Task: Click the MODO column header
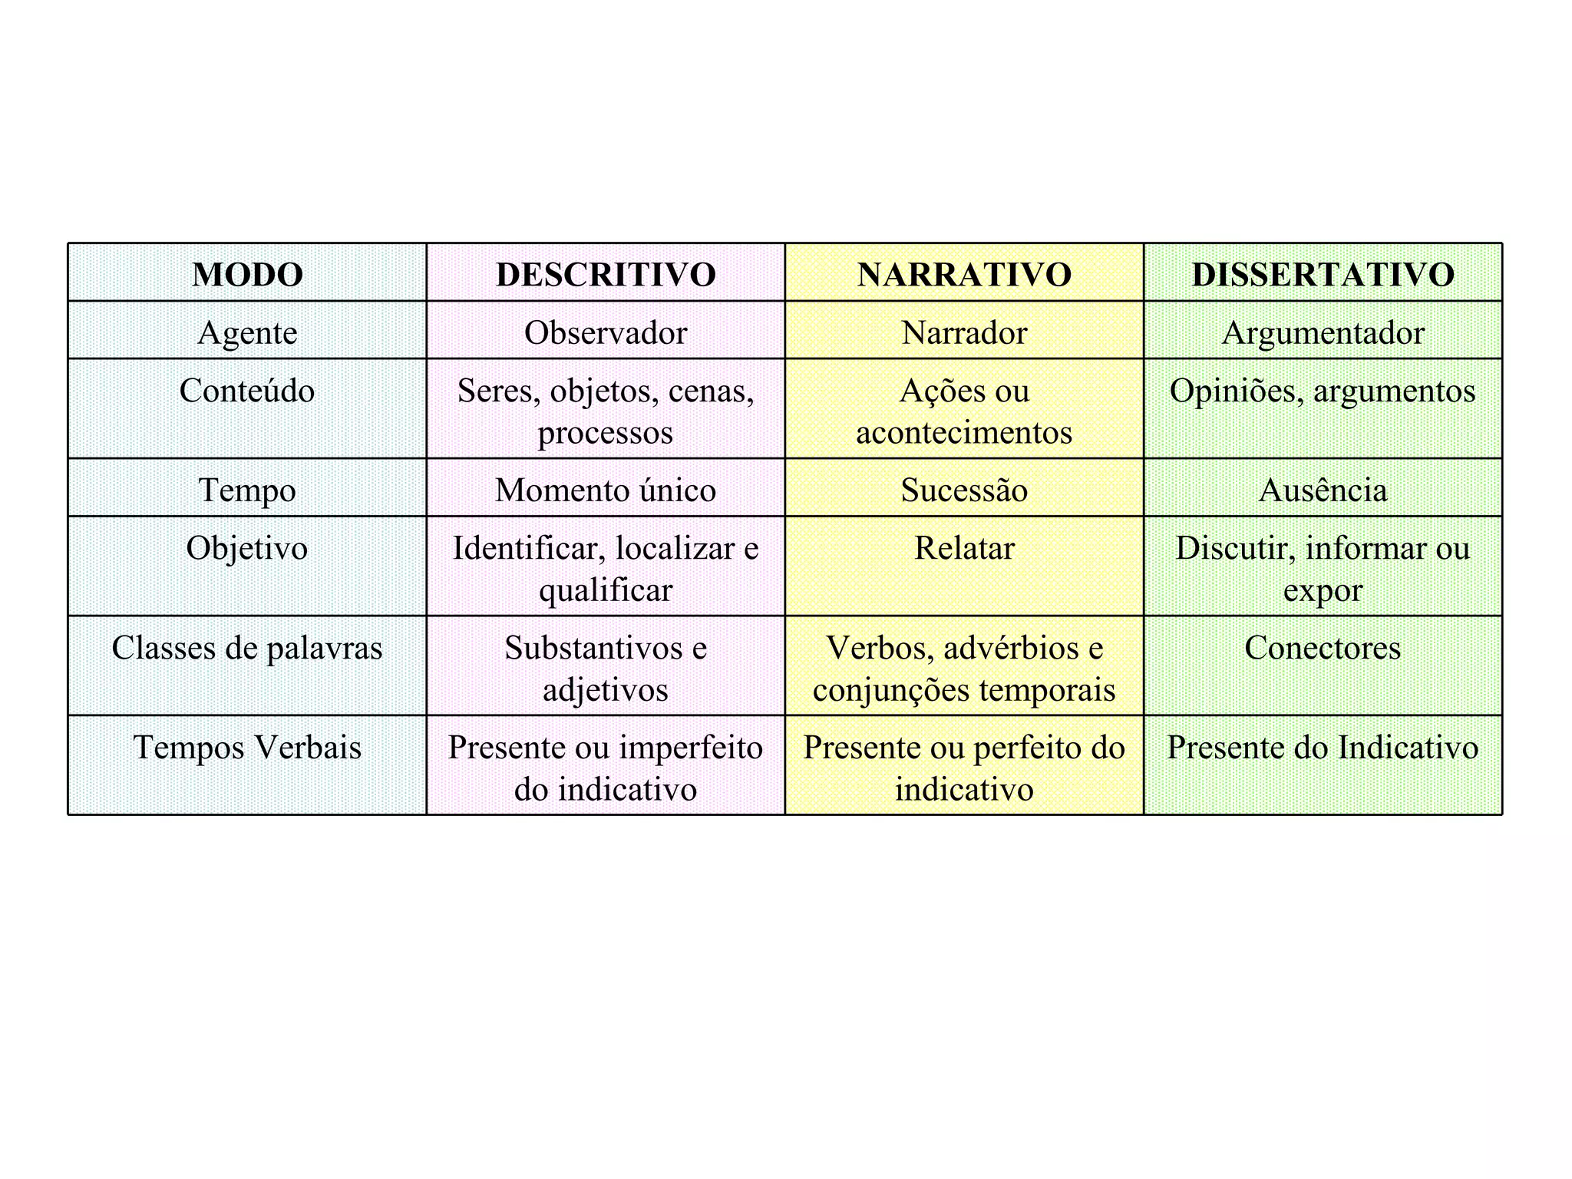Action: [x=247, y=274]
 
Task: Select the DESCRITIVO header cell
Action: [x=606, y=274]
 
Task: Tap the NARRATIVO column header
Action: [x=964, y=274]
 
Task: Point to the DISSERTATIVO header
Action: [x=1323, y=274]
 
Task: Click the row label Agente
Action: [x=247, y=332]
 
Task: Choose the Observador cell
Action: [x=606, y=332]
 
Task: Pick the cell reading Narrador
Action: [x=964, y=332]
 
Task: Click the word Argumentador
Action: [x=1323, y=332]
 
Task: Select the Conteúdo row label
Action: [x=247, y=391]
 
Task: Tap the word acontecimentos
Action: [x=964, y=432]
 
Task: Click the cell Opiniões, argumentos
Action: [x=1323, y=391]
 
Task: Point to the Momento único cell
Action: [x=606, y=490]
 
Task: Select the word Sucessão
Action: [x=964, y=490]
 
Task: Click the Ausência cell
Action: [x=1323, y=490]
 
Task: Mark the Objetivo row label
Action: [x=247, y=548]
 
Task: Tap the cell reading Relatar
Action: [x=964, y=548]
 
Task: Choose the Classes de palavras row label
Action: [x=247, y=648]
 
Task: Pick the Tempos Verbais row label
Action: [x=247, y=748]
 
